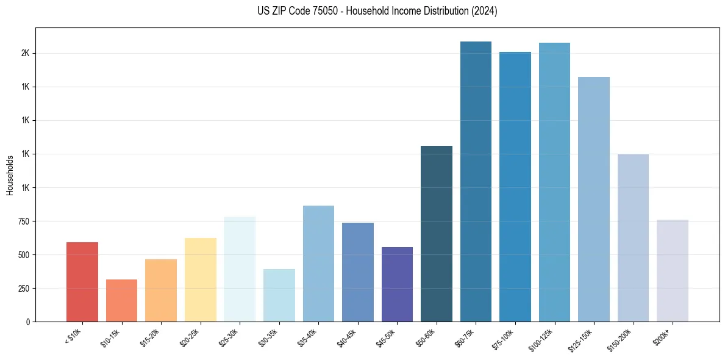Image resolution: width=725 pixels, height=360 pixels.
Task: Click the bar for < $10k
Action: (x=82, y=282)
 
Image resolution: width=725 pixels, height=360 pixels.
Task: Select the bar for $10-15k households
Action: (x=121, y=300)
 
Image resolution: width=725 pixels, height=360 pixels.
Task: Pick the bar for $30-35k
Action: (x=279, y=295)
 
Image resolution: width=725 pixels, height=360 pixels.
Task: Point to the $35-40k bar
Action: (x=318, y=264)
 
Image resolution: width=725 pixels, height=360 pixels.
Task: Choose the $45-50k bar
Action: (x=397, y=284)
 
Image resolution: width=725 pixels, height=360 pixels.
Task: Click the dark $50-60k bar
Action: (x=437, y=234)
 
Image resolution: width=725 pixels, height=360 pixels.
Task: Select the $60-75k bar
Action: (x=476, y=181)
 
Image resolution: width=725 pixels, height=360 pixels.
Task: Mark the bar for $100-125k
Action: (x=554, y=182)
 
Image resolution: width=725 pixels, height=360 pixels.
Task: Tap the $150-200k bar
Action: (x=633, y=238)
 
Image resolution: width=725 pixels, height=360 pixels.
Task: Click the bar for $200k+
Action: (x=673, y=270)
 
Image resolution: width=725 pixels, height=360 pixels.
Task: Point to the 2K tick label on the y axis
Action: (x=25, y=53)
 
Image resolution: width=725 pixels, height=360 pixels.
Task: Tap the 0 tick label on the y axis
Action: (x=27, y=322)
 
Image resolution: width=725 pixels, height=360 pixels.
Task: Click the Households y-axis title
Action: (x=10, y=175)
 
